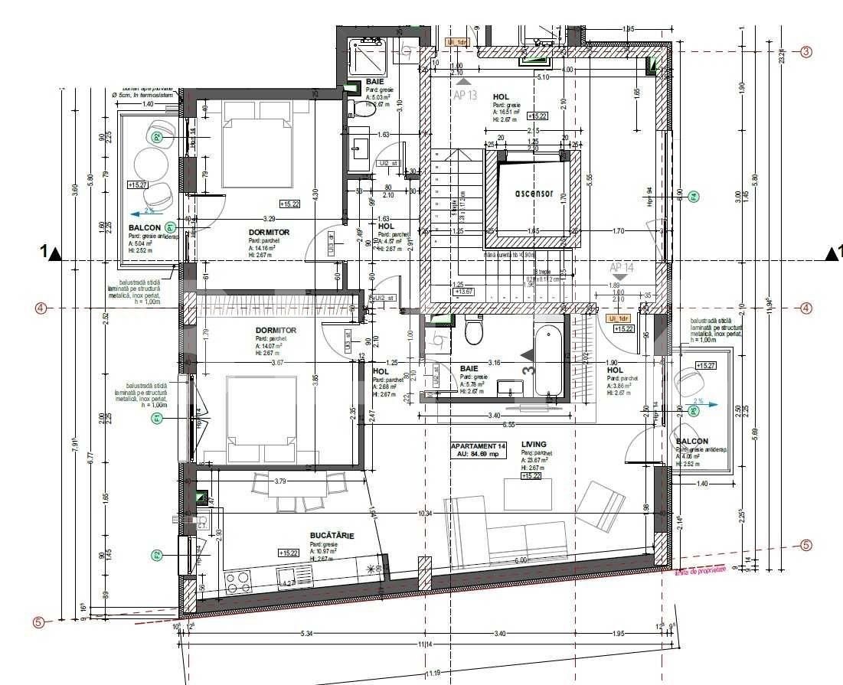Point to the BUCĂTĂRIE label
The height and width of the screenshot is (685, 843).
[x=332, y=536]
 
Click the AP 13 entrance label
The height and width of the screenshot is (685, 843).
[x=465, y=95]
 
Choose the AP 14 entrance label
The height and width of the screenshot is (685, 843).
[x=622, y=268]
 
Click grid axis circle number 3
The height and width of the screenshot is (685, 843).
[x=805, y=51]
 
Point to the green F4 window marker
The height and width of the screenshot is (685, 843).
[x=694, y=196]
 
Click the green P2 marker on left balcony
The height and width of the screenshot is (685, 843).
[x=157, y=138]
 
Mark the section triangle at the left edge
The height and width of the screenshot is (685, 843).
[x=54, y=253]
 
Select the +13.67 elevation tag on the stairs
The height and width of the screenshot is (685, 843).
[x=464, y=292]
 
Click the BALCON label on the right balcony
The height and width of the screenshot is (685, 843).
[x=691, y=442]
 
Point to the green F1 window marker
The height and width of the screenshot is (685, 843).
[x=157, y=418]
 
